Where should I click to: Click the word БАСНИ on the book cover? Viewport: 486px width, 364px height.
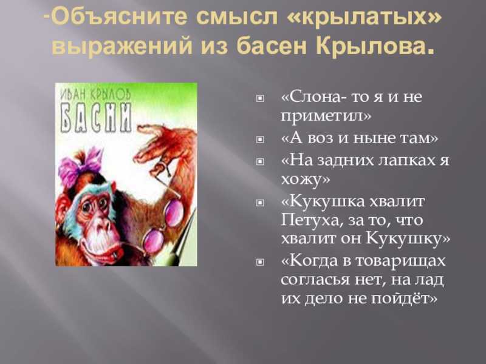click(96, 118)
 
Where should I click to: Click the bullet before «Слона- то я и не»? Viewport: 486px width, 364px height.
click(260, 98)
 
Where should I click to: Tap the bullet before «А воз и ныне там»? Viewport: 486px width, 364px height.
click(260, 140)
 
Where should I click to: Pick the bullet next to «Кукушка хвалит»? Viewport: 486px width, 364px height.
click(260, 203)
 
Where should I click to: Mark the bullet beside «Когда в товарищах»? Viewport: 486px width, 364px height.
click(260, 262)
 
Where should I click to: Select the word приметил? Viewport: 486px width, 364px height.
click(322, 116)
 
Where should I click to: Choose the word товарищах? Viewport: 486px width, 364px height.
click(400, 261)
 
